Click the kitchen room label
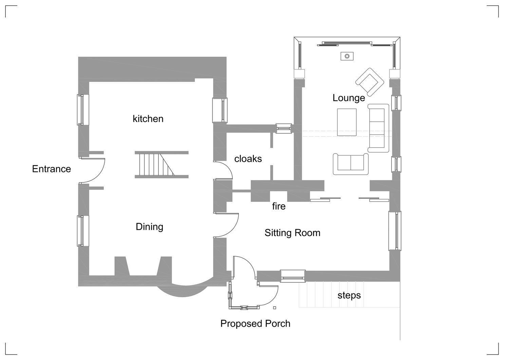click(148, 119)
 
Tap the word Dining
click(150, 227)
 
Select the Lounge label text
click(349, 98)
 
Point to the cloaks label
click(248, 159)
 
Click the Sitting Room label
click(293, 233)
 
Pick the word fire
click(279, 206)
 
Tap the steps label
click(349, 295)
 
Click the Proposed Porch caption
click(256, 324)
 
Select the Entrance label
click(52, 169)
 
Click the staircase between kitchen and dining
click(162, 165)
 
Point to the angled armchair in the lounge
click(370, 82)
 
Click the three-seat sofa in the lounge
click(378, 128)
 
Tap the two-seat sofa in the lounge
click(351, 164)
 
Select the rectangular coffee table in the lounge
click(347, 122)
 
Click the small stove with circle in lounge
click(347, 56)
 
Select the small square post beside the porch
click(275, 308)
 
